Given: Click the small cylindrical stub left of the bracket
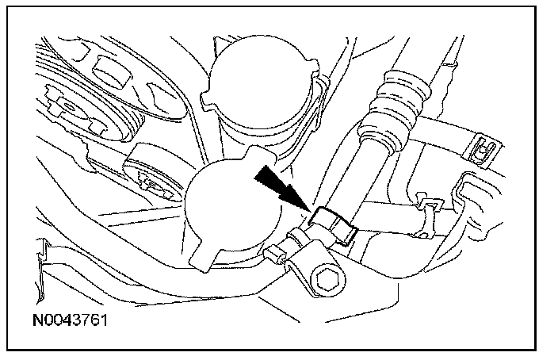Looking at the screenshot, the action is coord(275,253).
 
